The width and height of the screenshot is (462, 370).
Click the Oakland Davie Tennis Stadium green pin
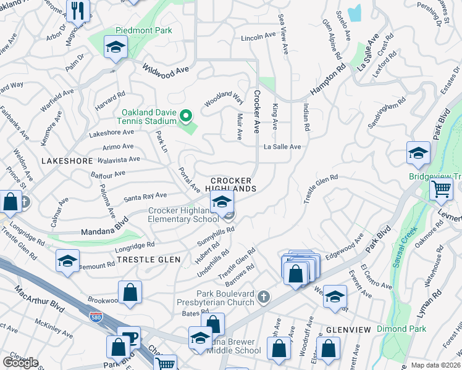click(x=184, y=115)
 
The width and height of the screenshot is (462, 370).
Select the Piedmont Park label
click(x=143, y=30)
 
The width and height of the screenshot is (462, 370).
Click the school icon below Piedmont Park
click(x=115, y=48)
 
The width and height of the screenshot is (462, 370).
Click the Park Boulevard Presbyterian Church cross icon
click(x=264, y=297)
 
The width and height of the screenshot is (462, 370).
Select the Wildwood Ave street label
click(x=166, y=69)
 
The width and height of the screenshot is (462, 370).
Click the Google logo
click(x=20, y=363)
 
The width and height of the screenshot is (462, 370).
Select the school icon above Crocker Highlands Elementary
click(x=222, y=201)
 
